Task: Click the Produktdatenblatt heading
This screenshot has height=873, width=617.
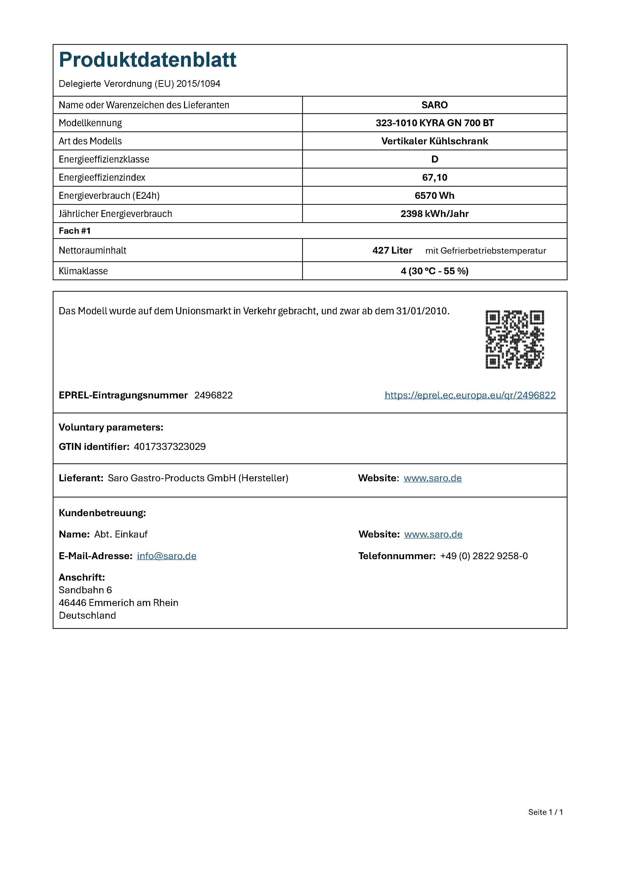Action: [147, 60]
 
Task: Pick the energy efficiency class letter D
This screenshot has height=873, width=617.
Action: [435, 159]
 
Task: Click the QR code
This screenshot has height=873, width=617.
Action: [515, 339]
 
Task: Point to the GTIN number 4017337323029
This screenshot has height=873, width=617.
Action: [169, 447]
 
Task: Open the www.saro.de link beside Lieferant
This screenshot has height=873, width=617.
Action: [432, 478]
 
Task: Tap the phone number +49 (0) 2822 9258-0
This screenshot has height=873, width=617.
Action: [484, 556]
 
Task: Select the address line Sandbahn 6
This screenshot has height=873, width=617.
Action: [85, 590]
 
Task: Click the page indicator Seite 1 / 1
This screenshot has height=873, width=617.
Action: [545, 812]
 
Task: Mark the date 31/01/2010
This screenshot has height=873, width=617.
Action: [422, 311]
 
